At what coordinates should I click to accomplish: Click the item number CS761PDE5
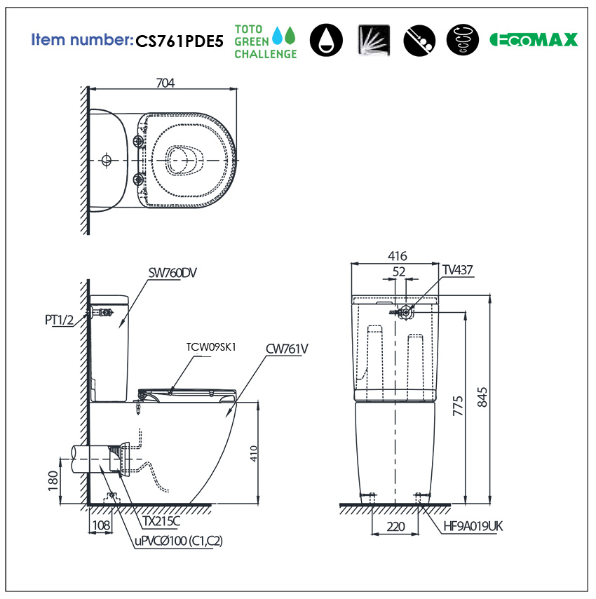(180, 39)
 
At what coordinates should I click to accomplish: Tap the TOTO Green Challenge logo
(265, 41)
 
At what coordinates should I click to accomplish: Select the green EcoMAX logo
(534, 40)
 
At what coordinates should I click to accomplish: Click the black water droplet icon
(326, 40)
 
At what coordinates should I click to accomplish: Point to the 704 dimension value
(164, 83)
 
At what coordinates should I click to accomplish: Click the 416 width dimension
(397, 257)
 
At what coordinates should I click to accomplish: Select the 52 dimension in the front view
(399, 271)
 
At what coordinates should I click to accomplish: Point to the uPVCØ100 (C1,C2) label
(178, 541)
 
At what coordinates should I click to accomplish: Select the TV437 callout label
(457, 269)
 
